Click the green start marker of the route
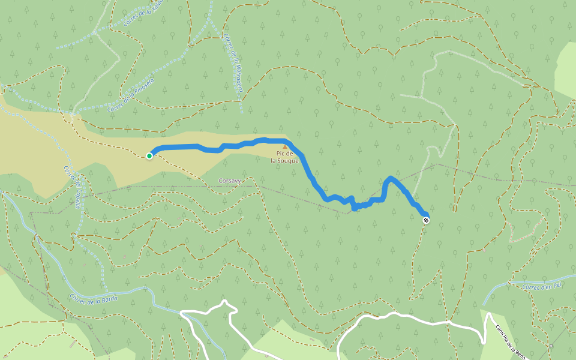149,156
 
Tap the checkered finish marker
426,220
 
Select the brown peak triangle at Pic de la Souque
285,146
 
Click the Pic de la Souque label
284,157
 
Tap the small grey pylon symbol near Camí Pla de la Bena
551,346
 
